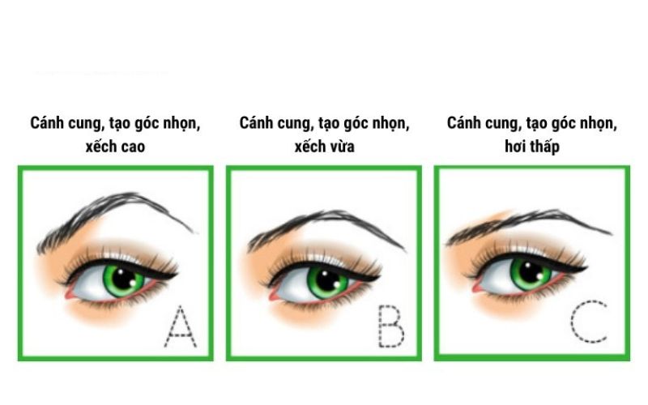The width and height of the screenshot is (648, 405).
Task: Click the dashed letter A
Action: [180, 326]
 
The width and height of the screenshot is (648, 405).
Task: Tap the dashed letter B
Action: [391, 326]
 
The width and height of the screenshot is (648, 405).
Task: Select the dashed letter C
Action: [589, 322]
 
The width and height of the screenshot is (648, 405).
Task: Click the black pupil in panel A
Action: [124, 279]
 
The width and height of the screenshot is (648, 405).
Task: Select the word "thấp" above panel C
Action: [543, 147]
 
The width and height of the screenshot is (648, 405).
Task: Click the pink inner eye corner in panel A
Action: [69, 293]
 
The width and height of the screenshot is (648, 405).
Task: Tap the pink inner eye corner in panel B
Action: [274, 295]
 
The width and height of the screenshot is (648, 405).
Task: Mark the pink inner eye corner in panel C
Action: [478, 287]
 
